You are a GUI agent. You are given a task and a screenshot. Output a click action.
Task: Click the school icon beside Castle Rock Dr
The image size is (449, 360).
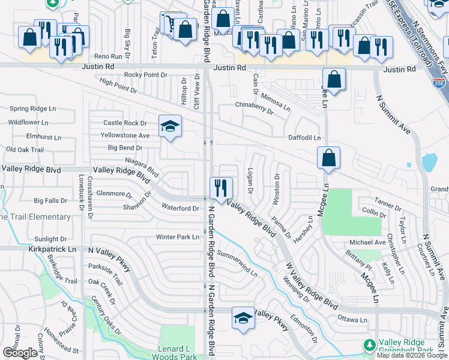click(x=170, y=126)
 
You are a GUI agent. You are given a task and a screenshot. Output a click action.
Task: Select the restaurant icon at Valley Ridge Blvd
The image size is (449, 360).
click(x=220, y=188)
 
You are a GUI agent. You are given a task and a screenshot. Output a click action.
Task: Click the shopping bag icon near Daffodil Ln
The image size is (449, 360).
click(x=328, y=158)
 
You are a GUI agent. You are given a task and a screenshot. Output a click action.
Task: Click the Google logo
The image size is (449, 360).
click(x=20, y=353)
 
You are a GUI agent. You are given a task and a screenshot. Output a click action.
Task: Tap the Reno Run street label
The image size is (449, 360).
click(x=109, y=56)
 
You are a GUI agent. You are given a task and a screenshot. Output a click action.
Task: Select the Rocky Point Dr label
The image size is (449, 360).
click(x=145, y=74)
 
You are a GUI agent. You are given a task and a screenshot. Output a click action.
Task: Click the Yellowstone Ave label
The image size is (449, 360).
click(x=125, y=136)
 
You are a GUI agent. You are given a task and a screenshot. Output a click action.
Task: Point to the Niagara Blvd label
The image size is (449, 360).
click(x=140, y=166)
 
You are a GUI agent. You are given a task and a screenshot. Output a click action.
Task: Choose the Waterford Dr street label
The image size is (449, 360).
click(x=180, y=208)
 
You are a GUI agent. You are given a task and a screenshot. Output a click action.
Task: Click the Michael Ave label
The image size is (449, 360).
click(x=367, y=242)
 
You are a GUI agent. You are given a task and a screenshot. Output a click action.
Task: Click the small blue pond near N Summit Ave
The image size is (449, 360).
click(x=429, y=163)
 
